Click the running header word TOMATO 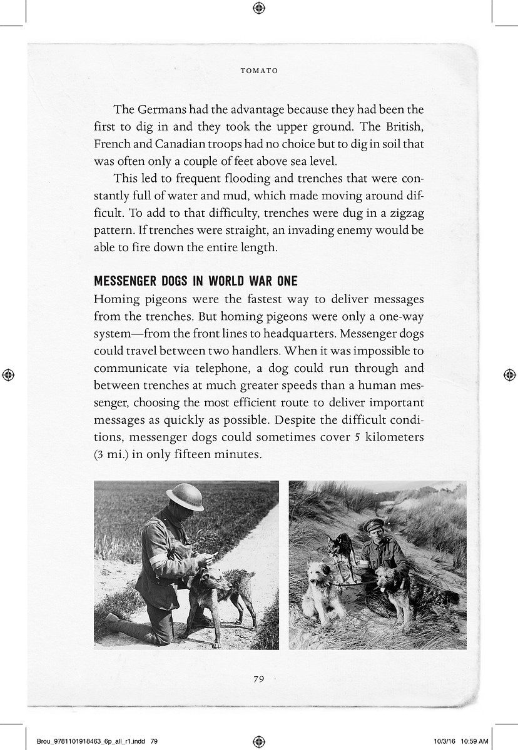pos(259,71)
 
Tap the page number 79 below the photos pos(259,679)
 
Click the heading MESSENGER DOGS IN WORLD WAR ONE pos(195,281)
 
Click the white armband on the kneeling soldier pos(158,561)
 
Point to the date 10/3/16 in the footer pos(443,741)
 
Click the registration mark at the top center pos(259,8)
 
